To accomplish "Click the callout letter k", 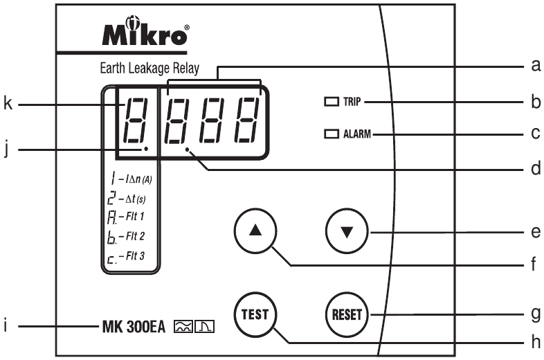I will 8,105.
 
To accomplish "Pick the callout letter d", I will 534,168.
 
